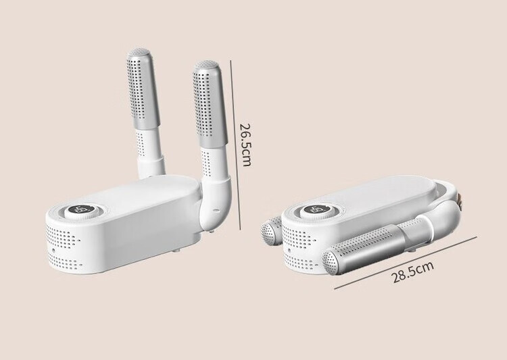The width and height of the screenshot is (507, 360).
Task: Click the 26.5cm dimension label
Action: (x=245, y=145)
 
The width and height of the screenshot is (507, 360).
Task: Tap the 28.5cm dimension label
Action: (x=412, y=272)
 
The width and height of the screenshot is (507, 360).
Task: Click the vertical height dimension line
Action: (x=235, y=145)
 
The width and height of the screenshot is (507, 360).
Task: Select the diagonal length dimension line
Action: (x=406, y=263)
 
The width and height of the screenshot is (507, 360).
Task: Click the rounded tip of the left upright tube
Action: (x=139, y=52)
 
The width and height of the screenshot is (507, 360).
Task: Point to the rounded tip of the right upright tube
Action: (x=207, y=65)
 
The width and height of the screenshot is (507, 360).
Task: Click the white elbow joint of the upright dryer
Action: (x=215, y=203)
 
